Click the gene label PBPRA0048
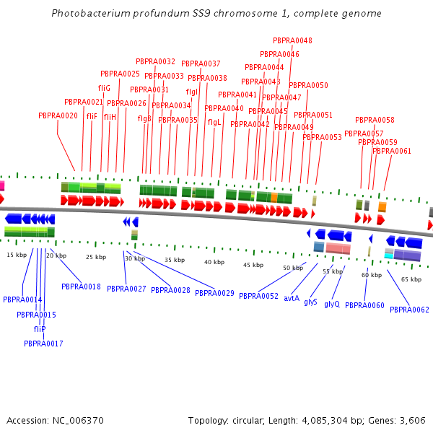(x=292, y=40)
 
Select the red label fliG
(x=104, y=88)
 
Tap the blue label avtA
(x=292, y=298)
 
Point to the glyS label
(x=310, y=302)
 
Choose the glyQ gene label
(x=332, y=304)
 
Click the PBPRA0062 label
(x=409, y=310)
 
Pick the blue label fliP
(x=40, y=329)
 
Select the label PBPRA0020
(x=58, y=115)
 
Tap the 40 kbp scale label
(x=214, y=262)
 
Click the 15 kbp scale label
(x=17, y=255)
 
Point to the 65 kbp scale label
(x=411, y=279)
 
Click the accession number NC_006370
(x=78, y=421)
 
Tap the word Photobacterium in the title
(x=91, y=13)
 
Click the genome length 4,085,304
(x=325, y=421)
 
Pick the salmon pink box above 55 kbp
(x=338, y=248)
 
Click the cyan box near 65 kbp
(x=389, y=256)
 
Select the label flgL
(x=214, y=123)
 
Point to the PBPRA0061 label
(x=392, y=151)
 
